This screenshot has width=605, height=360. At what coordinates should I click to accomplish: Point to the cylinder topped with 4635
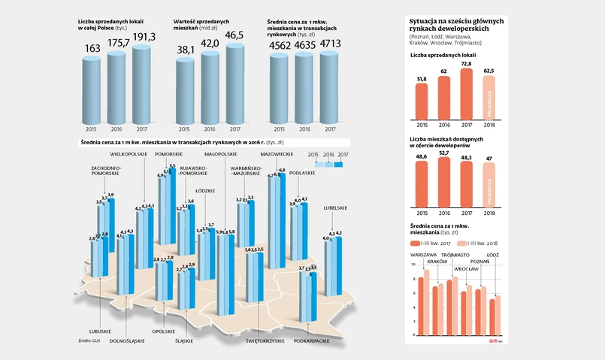306,86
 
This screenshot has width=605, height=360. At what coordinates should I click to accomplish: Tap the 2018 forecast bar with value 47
490,184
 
